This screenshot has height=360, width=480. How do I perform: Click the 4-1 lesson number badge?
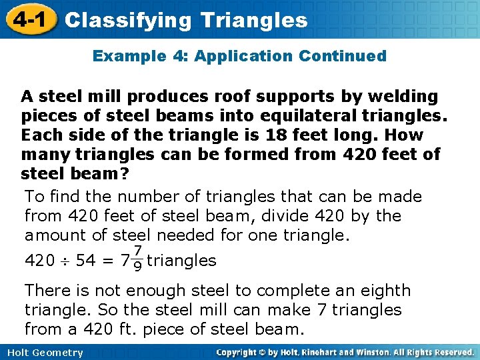click(27, 19)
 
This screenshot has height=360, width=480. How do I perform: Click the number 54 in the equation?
click(85, 261)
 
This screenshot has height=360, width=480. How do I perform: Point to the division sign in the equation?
click(65, 261)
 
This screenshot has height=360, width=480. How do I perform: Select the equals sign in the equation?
click(107, 261)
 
